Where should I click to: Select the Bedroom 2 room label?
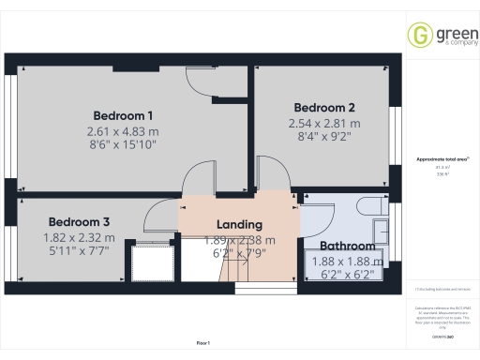click(x=323, y=107)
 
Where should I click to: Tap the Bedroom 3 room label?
click(x=80, y=222)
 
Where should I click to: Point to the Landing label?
click(x=239, y=225)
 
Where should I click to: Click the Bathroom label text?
click(x=348, y=247)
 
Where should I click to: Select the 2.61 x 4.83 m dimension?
click(x=122, y=131)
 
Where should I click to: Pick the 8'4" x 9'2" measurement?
click(x=323, y=139)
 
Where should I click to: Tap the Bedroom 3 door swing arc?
click(x=157, y=217)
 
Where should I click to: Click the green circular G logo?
click(x=418, y=36)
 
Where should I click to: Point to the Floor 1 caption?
click(x=203, y=345)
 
